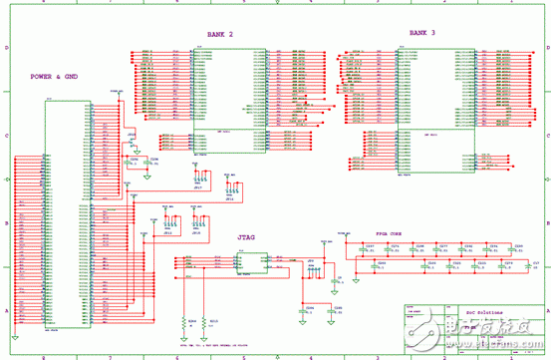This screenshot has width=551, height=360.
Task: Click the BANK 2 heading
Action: (x=220, y=34)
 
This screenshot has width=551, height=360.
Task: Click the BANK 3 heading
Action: (x=422, y=33)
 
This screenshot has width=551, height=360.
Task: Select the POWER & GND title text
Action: (x=56, y=76)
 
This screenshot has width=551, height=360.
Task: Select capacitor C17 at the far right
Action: (x=535, y=266)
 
